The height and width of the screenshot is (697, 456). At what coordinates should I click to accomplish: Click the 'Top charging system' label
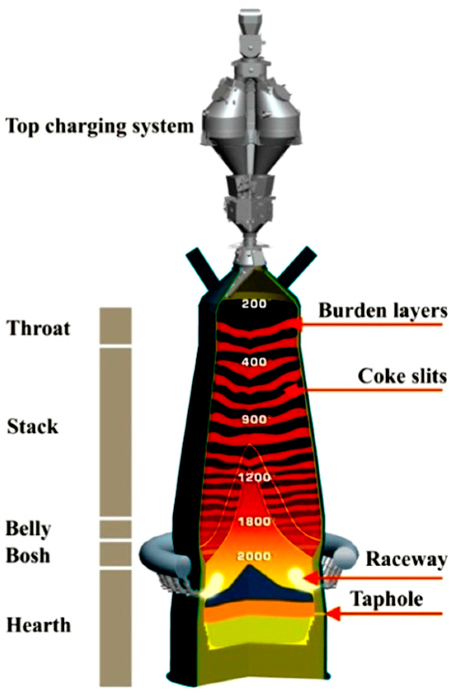[x=99, y=126]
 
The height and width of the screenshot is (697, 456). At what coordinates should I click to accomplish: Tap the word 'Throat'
[x=38, y=328]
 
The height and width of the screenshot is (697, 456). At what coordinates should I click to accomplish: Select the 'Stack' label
[x=33, y=427]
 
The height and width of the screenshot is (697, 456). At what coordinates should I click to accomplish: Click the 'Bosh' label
[x=28, y=555]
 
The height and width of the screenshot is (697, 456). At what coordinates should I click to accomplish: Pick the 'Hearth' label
[x=39, y=625]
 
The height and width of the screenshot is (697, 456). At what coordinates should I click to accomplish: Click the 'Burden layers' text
[x=383, y=310]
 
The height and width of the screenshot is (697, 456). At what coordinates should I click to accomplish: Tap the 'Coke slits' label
[x=402, y=376]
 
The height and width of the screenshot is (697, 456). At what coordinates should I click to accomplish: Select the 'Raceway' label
[x=406, y=559]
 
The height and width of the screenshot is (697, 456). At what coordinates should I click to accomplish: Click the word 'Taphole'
[x=387, y=599]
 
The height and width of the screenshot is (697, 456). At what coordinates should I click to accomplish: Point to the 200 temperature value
[x=254, y=304]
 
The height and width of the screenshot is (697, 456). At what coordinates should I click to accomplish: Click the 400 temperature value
[x=254, y=362]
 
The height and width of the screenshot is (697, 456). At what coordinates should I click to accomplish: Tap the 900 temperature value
[x=254, y=419]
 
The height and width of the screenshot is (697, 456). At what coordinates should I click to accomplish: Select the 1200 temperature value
[x=255, y=477]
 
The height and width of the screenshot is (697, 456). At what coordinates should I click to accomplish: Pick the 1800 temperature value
[x=255, y=522]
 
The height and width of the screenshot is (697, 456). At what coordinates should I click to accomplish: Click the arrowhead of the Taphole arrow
[x=333, y=614]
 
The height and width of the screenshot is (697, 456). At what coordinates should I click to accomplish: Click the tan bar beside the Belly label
[x=116, y=529]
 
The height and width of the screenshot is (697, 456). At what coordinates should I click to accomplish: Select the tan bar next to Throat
[x=116, y=326]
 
